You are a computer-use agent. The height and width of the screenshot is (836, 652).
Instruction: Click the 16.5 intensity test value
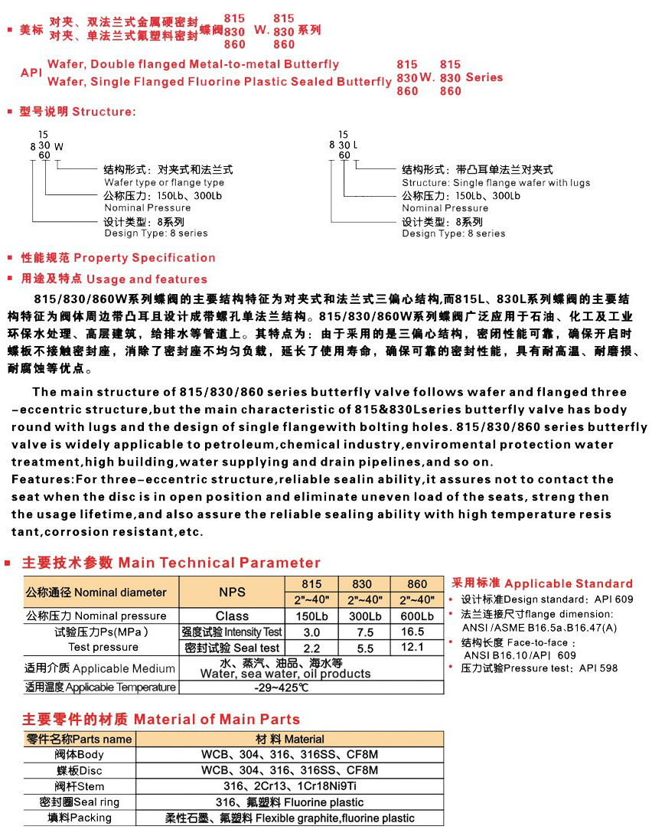click(412, 632)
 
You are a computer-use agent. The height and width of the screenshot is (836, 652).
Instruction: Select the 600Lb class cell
click(417, 616)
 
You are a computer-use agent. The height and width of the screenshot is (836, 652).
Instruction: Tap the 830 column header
click(362, 583)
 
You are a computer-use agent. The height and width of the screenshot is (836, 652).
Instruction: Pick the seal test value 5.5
click(365, 648)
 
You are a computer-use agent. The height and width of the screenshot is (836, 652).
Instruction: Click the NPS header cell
click(232, 592)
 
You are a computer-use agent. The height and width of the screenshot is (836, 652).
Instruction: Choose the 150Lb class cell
click(311, 616)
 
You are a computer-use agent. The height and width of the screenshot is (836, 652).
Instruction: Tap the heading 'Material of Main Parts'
click(217, 720)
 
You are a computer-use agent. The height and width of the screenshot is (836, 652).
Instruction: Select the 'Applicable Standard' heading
click(569, 583)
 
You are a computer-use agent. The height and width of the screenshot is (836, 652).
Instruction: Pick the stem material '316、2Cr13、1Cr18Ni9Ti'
click(289, 786)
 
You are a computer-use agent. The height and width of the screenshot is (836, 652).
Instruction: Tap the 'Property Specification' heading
click(145, 258)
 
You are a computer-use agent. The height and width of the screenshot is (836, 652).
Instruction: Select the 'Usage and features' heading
click(147, 279)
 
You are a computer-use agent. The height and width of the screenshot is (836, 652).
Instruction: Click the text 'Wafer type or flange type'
click(165, 183)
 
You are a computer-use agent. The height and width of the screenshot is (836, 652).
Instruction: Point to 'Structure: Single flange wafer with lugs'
click(496, 183)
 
